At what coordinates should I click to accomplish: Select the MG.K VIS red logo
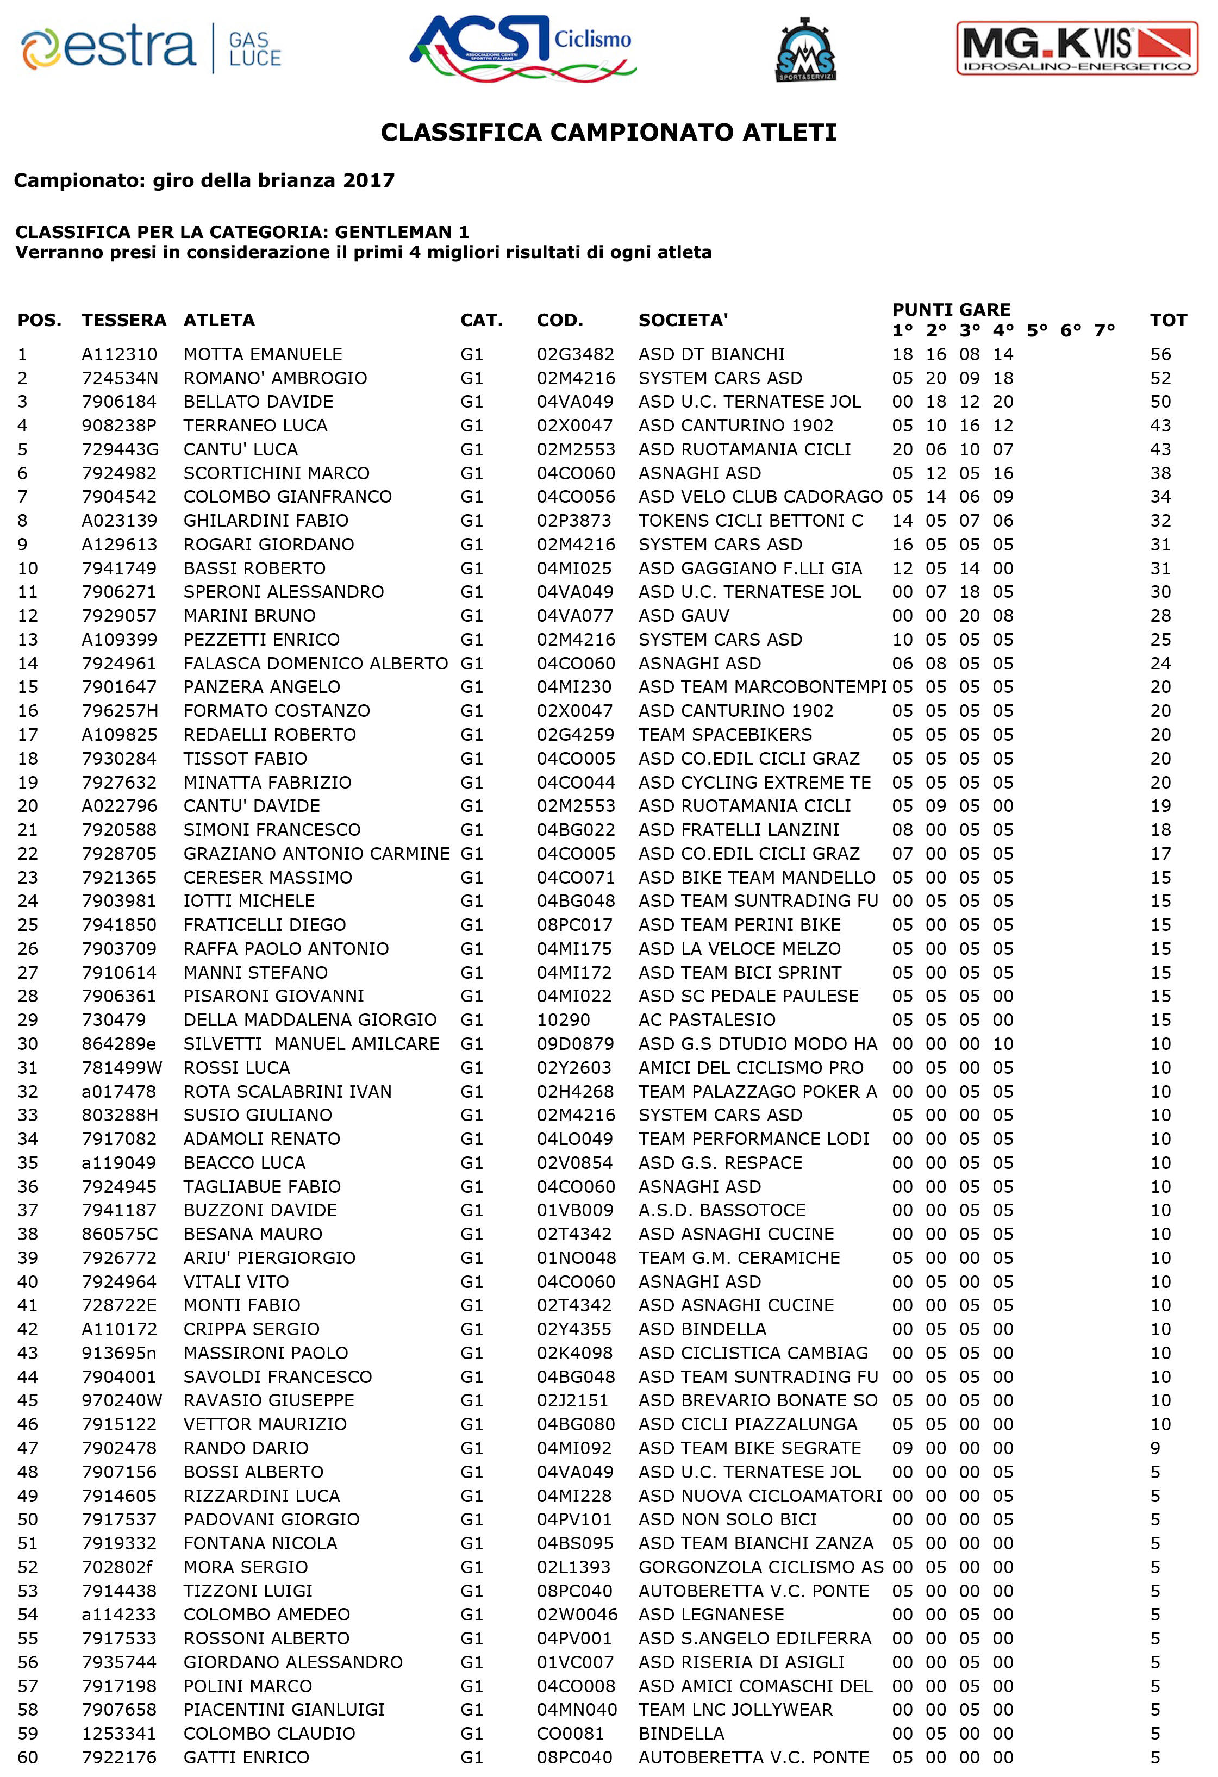point(1077,48)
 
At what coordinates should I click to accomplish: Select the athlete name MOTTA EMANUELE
point(263,354)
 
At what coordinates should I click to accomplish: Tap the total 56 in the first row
point(1160,354)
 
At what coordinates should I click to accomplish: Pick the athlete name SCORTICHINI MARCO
point(276,473)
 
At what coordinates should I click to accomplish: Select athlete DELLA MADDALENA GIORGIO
point(310,1020)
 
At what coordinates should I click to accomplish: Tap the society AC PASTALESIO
point(707,1020)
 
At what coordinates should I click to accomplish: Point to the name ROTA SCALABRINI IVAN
point(288,1091)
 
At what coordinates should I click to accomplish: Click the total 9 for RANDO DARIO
point(1155,1448)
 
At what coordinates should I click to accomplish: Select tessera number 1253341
point(118,1734)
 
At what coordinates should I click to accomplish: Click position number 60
point(28,1757)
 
